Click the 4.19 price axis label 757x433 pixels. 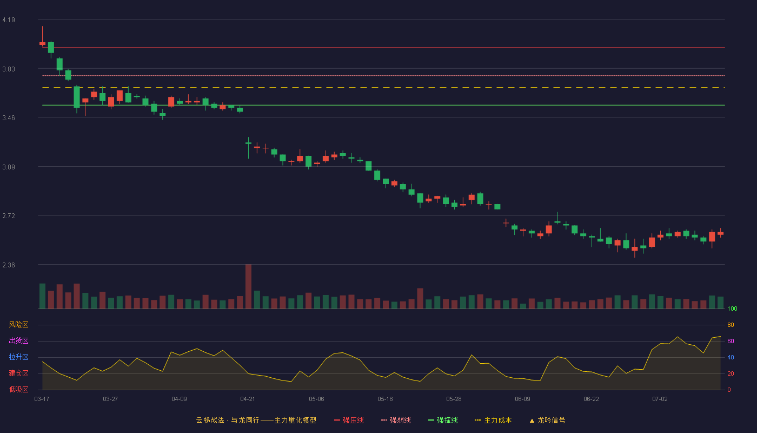tap(9, 20)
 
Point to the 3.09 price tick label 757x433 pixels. tap(9, 167)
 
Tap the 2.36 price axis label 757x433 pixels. tap(9, 265)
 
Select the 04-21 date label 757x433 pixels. tap(248, 399)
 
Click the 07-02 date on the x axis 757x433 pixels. tap(660, 399)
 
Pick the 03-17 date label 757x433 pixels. tap(42, 399)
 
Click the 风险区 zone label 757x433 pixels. tap(18, 325)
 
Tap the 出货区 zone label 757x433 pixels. tap(18, 340)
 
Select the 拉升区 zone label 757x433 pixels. tap(18, 357)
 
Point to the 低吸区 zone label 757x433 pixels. tap(18, 389)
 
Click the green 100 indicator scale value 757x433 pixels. tap(732, 309)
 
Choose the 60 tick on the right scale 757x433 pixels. tap(731, 341)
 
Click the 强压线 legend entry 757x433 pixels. tap(349, 420)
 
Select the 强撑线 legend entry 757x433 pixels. tap(443, 420)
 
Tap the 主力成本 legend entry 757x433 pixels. tap(493, 420)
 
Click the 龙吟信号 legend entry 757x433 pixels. tap(547, 420)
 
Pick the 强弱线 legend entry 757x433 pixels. tap(396, 420)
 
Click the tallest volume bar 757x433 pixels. tap(248, 286)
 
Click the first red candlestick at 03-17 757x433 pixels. tap(42, 43)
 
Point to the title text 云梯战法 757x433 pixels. tap(210, 420)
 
